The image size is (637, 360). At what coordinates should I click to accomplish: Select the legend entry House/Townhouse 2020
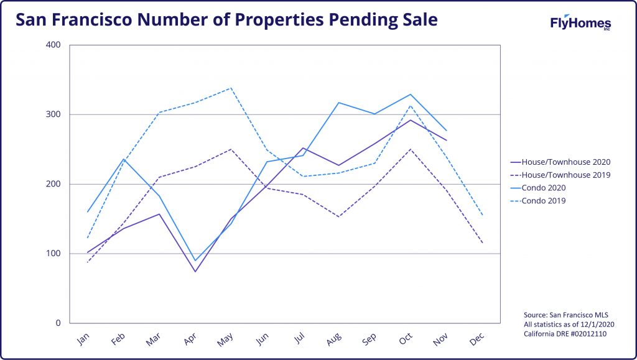[560, 162]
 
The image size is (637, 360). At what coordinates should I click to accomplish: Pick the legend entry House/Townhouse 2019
[560, 175]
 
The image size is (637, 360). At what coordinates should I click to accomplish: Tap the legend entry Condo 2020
[538, 188]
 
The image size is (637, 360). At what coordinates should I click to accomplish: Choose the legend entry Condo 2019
[538, 201]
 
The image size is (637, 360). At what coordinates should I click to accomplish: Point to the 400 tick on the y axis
[53, 45]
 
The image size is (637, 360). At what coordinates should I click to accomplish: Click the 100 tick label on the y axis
[53, 254]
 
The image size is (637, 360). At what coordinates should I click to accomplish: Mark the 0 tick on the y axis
[58, 323]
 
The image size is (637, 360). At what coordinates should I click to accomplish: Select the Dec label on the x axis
[477, 339]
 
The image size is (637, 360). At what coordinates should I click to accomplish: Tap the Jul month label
[299, 338]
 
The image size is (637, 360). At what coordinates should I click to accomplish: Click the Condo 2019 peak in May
[231, 88]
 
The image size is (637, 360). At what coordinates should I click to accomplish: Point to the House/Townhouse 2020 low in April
[195, 272]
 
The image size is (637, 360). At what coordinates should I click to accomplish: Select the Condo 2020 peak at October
[411, 95]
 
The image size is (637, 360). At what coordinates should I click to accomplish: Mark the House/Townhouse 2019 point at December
[483, 243]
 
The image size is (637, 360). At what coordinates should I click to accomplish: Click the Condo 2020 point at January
[87, 212]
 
